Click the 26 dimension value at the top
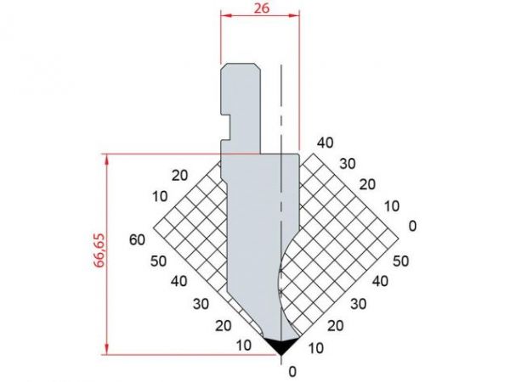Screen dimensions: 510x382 pos(262,8)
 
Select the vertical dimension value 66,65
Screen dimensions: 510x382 pos(99,250)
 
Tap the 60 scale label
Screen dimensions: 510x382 pos(137,240)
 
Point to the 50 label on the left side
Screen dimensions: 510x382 pos(158,261)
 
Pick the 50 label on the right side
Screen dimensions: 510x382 pos(400,261)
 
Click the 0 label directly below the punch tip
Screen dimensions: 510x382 pos(292,371)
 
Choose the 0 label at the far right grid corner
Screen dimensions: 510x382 pos(412,226)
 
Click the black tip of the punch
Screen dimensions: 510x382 pos(281,345)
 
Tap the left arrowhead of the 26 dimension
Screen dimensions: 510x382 pos(225,15)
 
